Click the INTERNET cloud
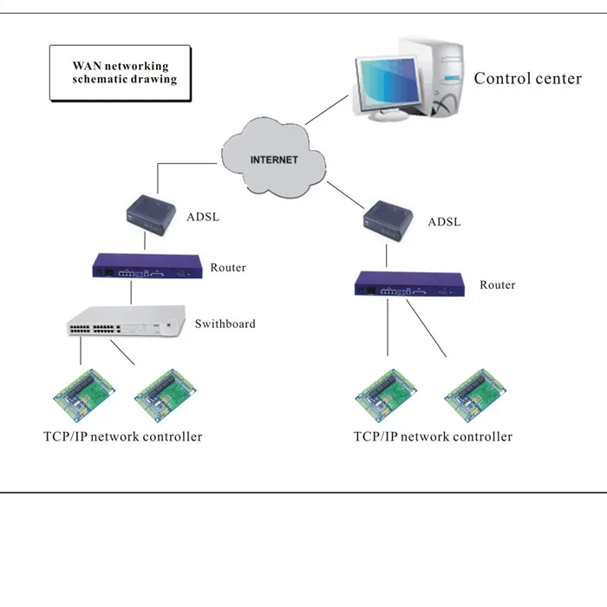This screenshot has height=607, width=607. [x=273, y=160]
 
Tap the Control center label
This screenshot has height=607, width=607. [x=527, y=79]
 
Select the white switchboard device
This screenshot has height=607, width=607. [x=127, y=323]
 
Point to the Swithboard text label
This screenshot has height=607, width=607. [x=225, y=324]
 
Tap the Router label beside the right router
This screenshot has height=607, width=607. [x=498, y=285]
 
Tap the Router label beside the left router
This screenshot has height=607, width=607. [x=228, y=268]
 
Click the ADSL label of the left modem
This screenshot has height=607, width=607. [x=203, y=216]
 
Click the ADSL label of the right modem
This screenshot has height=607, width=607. [x=444, y=222]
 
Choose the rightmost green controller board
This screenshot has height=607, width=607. [x=473, y=395]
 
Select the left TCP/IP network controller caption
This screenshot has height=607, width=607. [x=122, y=436]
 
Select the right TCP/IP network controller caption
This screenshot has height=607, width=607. [x=433, y=436]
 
